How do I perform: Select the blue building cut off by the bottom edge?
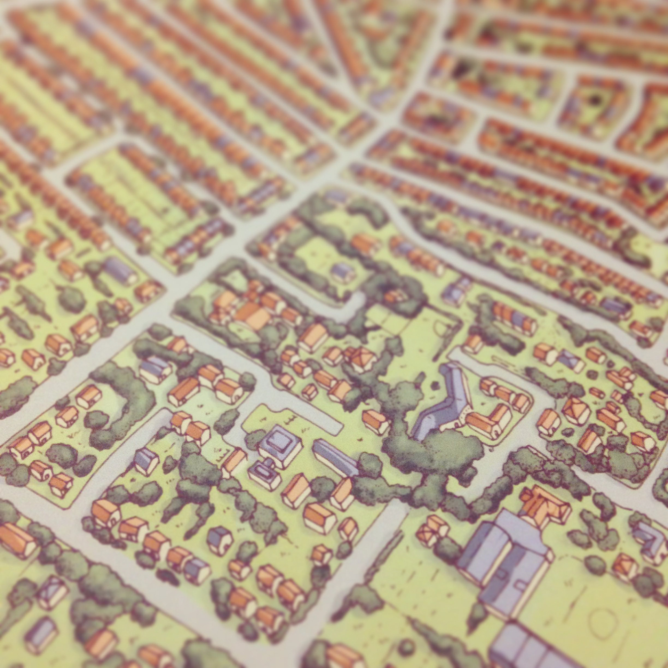tap(522, 647)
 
